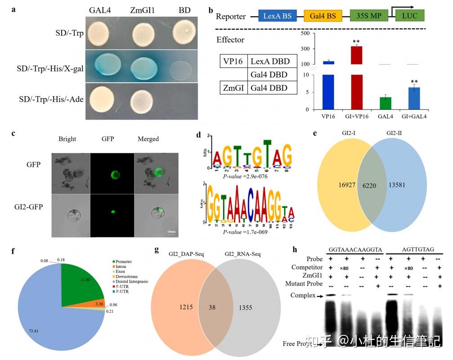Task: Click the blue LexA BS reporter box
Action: pyautogui.click(x=277, y=16)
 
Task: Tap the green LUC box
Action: pyautogui.click(x=409, y=16)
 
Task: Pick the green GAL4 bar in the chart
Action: pyautogui.click(x=385, y=103)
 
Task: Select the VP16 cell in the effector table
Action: pyautogui.click(x=233, y=61)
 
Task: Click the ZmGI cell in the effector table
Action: pyautogui.click(x=233, y=87)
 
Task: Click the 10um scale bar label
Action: pyautogui.click(x=171, y=231)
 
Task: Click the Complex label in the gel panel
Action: pyautogui.click(x=301, y=297)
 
